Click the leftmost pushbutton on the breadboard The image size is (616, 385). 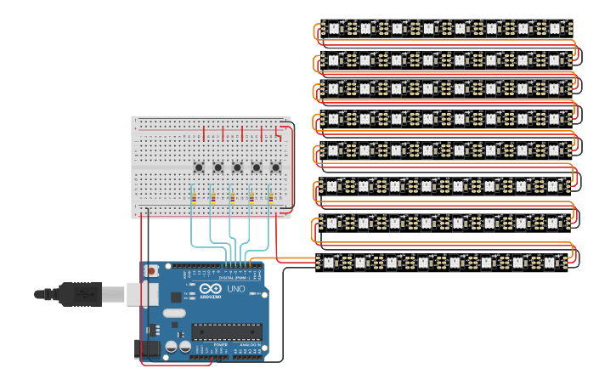coord(199,167)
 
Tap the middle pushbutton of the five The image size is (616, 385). coord(237,167)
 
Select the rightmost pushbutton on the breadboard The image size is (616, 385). coord(275,167)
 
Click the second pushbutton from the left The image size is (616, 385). coord(218,167)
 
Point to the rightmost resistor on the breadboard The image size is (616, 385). coord(271,199)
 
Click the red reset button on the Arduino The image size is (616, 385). coord(152,271)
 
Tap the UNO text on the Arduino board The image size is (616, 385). coord(235,289)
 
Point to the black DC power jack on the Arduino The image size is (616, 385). coord(147,348)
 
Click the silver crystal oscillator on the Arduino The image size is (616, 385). coord(174,313)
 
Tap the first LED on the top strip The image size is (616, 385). coord(334,29)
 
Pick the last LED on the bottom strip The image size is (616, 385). coord(550,262)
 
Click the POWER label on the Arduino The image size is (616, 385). coord(209,344)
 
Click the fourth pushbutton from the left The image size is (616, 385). coord(257,167)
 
